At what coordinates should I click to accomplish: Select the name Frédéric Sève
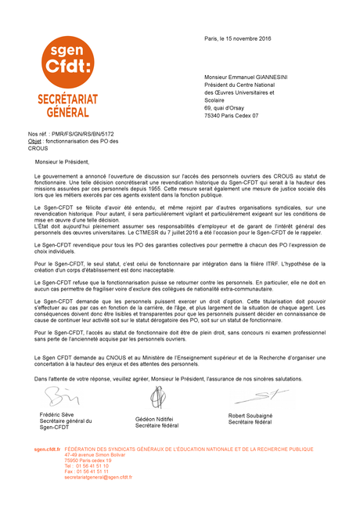point(56,413)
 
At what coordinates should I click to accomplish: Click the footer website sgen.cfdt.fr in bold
point(47,449)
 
